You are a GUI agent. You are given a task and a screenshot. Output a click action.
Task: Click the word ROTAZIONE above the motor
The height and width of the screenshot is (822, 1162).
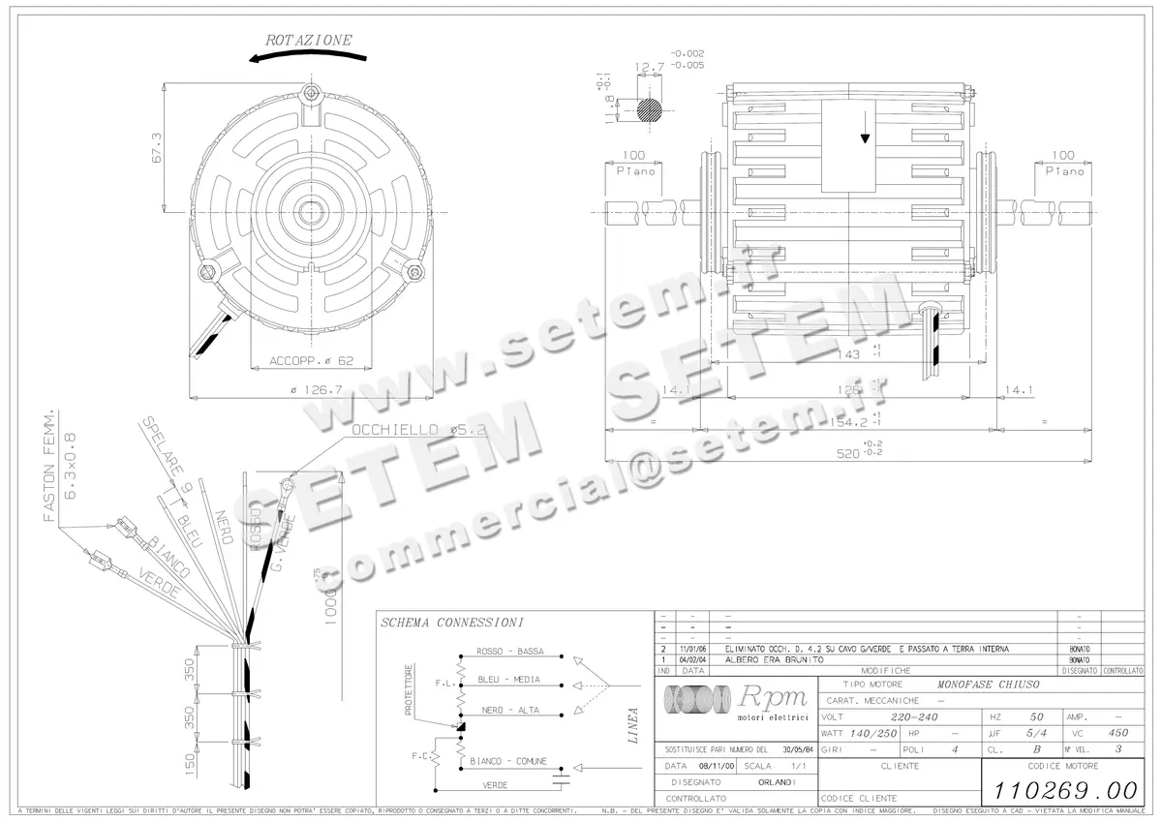coord(309,41)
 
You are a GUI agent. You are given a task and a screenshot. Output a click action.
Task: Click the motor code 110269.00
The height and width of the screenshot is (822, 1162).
coord(1062,789)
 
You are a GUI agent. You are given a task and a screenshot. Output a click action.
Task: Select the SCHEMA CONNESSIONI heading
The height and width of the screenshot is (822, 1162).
coord(452,622)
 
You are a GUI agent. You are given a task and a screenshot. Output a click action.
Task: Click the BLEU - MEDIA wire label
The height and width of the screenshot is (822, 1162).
coord(508,680)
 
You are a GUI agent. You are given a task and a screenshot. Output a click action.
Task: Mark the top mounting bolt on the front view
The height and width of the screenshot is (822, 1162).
coord(310,94)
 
